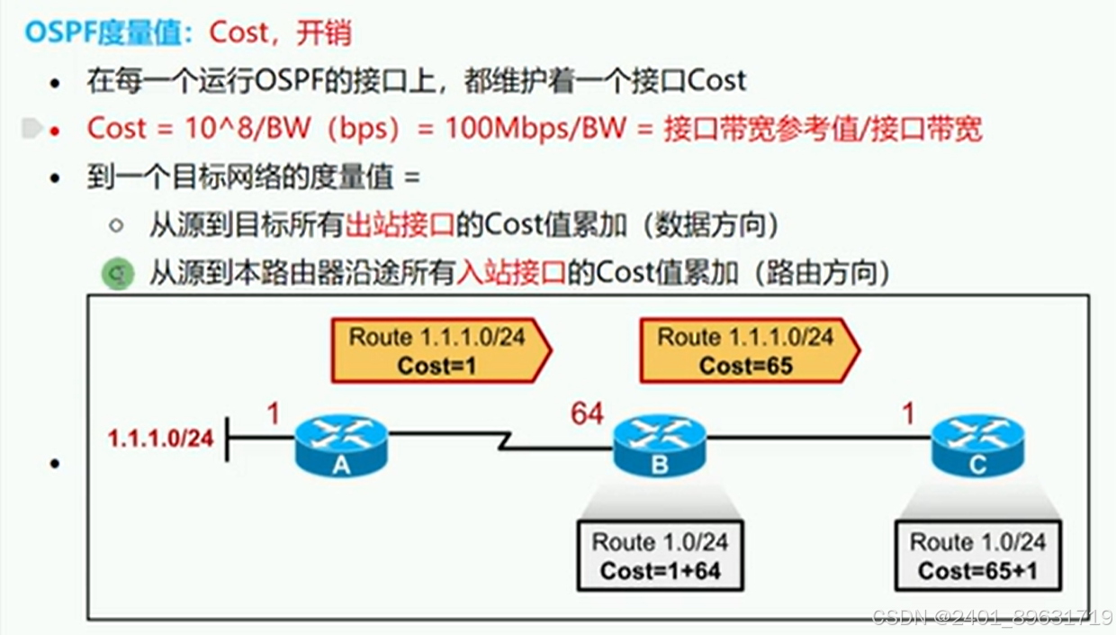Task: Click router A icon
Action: [341, 444]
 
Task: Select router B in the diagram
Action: [660, 444]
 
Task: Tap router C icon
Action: [977, 444]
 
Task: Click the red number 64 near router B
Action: [587, 413]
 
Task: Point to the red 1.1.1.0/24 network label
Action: [161, 439]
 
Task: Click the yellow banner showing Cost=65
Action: [747, 350]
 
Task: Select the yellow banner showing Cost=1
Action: [438, 350]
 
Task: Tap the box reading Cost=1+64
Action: [660, 556]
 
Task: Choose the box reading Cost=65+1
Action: [977, 556]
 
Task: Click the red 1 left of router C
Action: [908, 413]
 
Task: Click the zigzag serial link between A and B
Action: [507, 441]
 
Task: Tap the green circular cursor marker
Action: [117, 273]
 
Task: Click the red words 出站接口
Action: [400, 225]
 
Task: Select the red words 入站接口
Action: [511, 273]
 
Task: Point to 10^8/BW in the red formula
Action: [248, 129]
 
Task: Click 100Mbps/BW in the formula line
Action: [535, 129]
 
